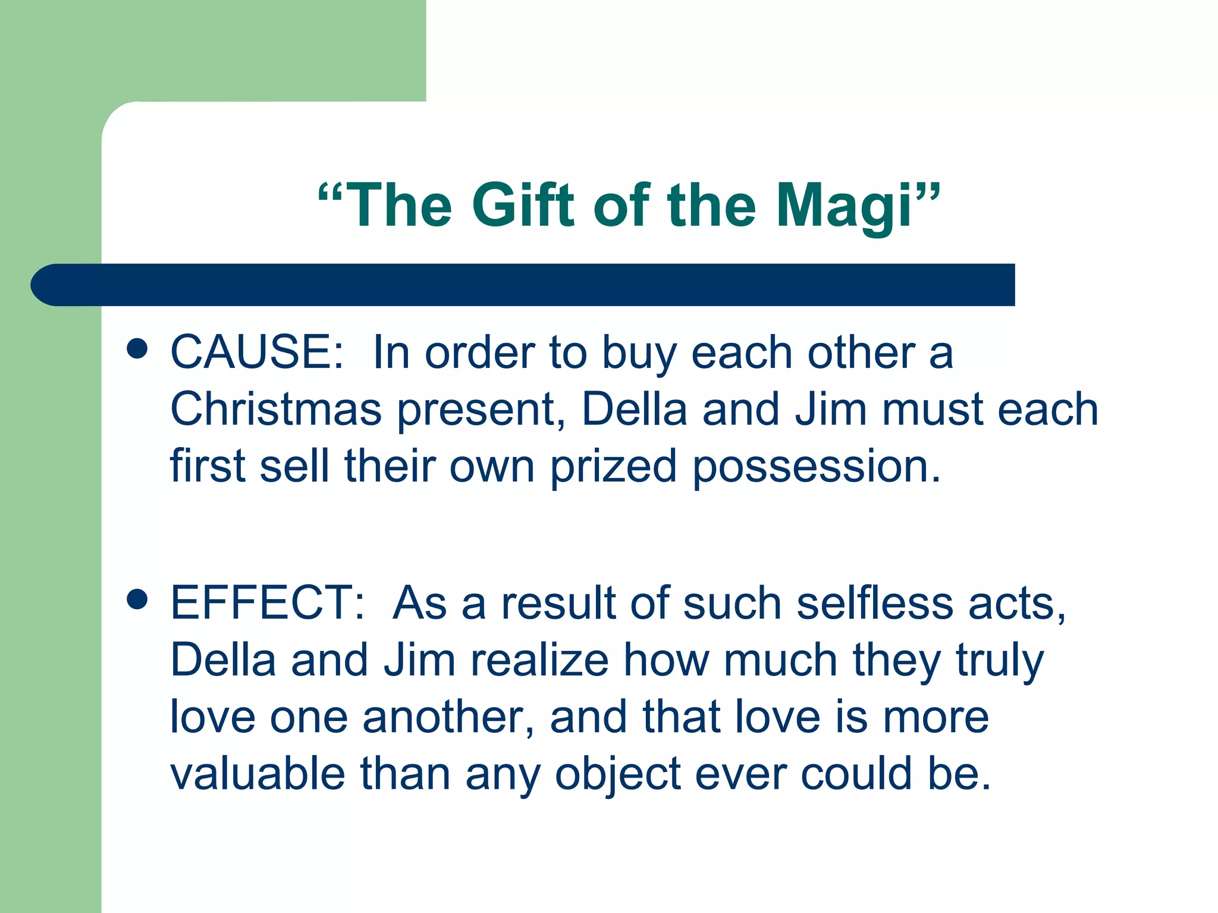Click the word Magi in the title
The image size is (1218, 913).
845,206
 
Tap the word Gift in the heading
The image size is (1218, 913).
523,205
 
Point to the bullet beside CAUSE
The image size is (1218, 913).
137,350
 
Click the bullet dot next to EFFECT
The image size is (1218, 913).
137,600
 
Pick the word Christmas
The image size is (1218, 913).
275,409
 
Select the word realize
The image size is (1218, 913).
540,660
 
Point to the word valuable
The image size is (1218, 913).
258,773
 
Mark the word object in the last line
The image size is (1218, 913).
617,775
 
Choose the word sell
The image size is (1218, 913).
294,466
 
